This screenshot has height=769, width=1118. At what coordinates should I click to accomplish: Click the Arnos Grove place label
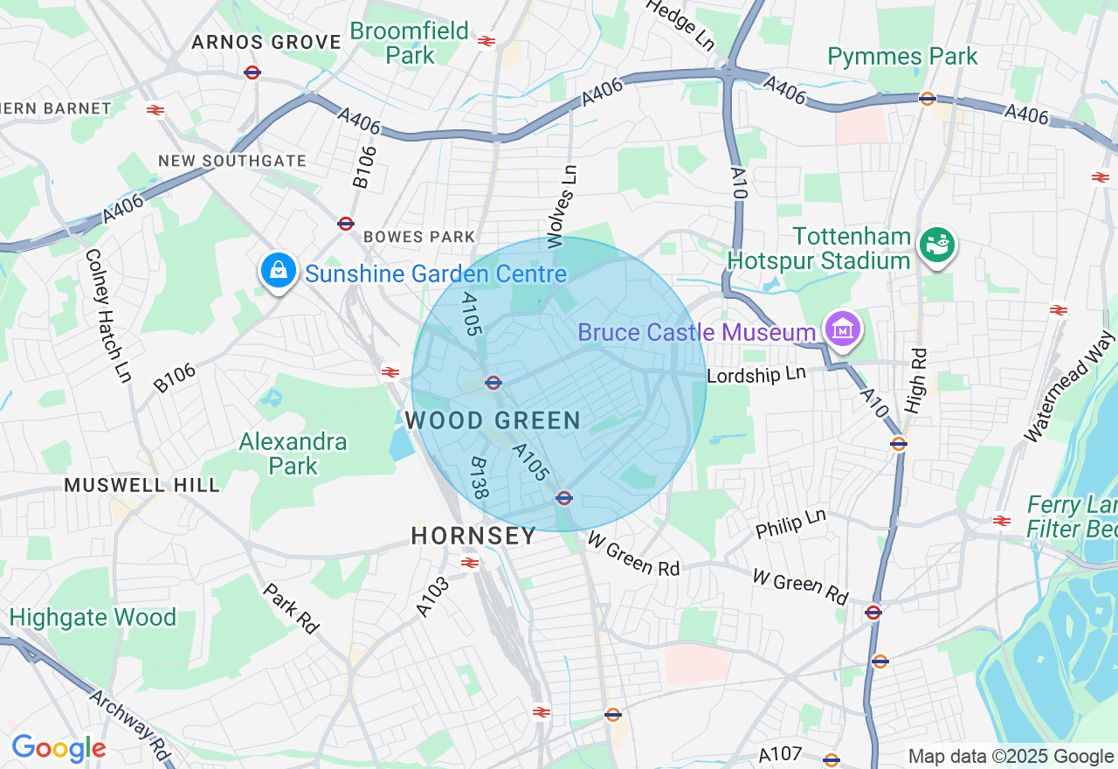coord(266,42)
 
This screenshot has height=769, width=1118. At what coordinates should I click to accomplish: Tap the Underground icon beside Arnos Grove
coord(252,73)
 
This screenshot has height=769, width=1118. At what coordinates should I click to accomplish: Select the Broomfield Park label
coord(410,43)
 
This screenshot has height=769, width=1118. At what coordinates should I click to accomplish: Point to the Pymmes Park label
coord(902,57)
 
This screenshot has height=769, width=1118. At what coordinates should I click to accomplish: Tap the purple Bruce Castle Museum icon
coord(844,330)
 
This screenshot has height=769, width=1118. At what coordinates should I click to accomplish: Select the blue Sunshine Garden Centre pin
coord(278,271)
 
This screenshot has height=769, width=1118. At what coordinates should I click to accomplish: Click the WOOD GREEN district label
coord(493,420)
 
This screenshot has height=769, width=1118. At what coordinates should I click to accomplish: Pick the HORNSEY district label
coord(473,536)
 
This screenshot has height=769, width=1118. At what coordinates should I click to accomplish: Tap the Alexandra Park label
coord(293,454)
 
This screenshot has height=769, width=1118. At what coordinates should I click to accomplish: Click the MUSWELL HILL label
coord(142,485)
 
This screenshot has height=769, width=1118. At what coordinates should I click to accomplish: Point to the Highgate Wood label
coord(93,618)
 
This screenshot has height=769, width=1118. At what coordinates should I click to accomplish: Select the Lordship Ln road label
coord(756,374)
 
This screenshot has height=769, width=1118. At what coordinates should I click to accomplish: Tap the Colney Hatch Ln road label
coord(107,315)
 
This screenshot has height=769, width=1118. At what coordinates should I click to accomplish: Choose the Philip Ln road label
coord(790,523)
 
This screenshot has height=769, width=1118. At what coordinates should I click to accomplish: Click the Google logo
coord(59,748)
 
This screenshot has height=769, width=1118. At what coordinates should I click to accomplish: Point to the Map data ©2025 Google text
coord(1011,757)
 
